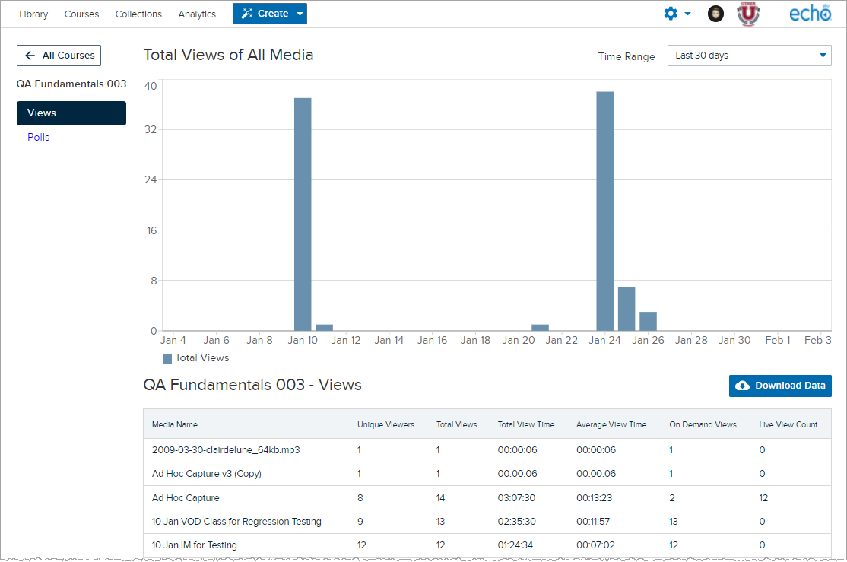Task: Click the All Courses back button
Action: (59, 55)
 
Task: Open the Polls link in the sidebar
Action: (38, 137)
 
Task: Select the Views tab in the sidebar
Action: (71, 113)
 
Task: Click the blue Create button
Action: (270, 14)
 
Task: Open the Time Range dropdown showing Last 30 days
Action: (749, 56)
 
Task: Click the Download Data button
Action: (780, 386)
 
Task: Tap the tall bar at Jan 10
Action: (303, 214)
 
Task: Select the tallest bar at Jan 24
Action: (605, 211)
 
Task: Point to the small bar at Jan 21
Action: (540, 328)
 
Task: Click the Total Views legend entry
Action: (195, 357)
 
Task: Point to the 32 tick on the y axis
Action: (151, 130)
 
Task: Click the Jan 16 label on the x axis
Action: (432, 340)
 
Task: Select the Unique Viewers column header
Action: (385, 425)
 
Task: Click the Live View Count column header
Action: (788, 425)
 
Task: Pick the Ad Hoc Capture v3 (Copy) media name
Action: (206, 474)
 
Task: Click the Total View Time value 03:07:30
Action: (516, 497)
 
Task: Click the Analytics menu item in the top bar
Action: (197, 14)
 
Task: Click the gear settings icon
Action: (671, 14)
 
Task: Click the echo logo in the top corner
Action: (811, 14)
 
